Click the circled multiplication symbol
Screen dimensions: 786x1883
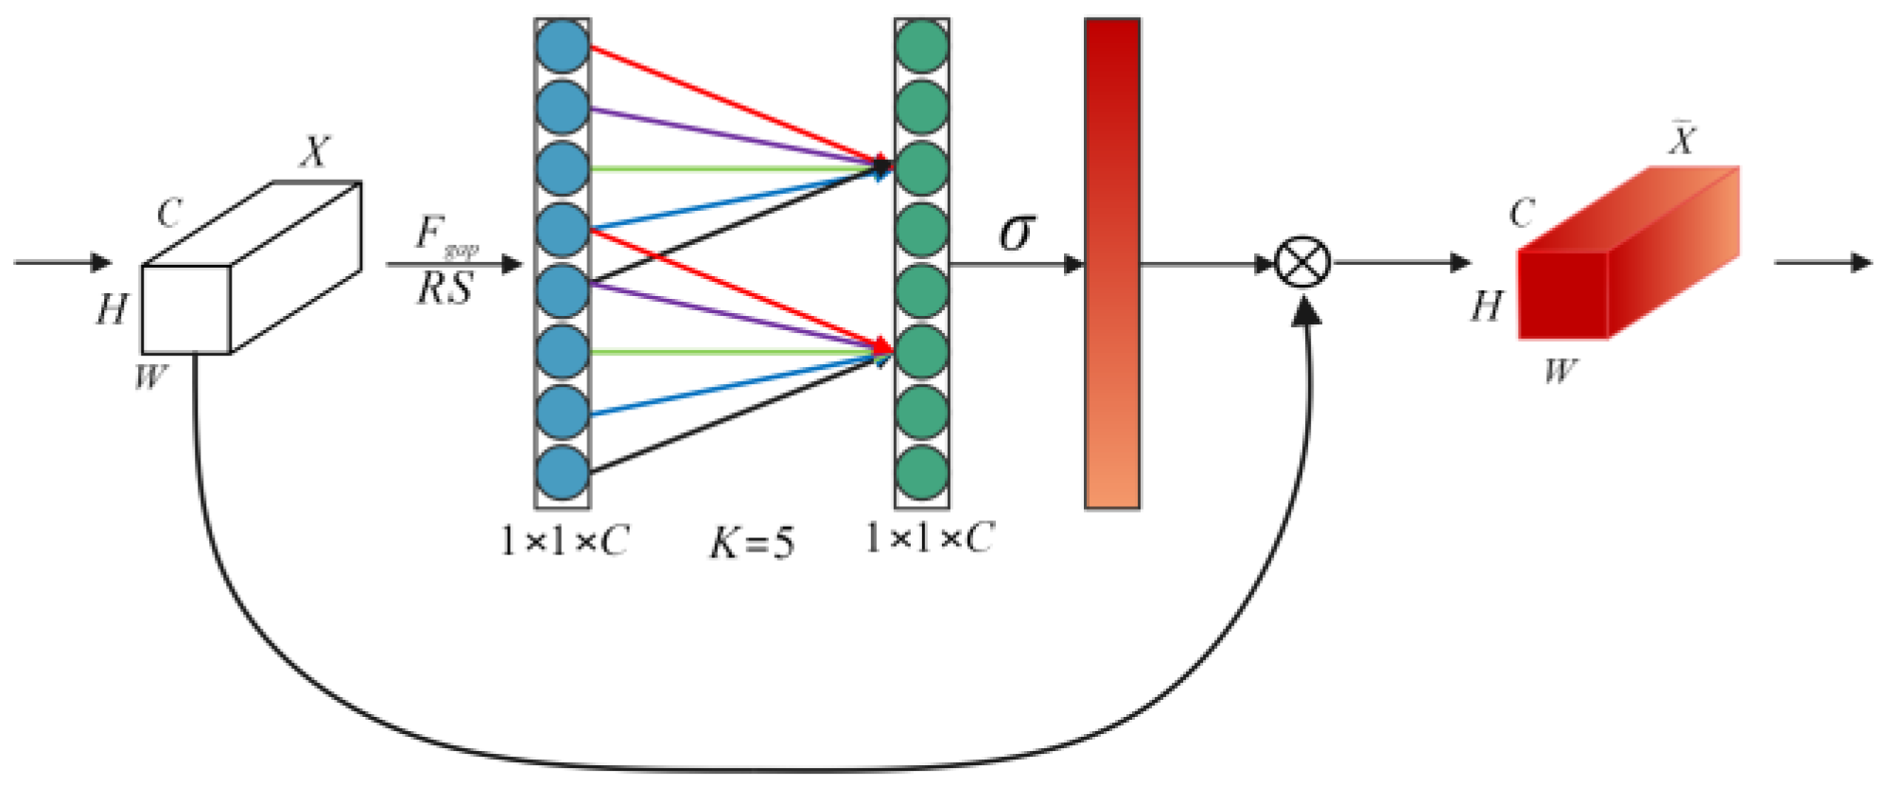coord(1303,262)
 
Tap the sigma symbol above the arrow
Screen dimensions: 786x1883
coord(1017,231)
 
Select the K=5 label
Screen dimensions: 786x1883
coord(752,543)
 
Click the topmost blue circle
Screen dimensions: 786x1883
coord(562,46)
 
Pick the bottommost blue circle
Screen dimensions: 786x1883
coord(562,473)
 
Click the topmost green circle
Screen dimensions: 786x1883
coord(922,46)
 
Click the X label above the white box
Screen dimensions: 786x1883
coord(316,151)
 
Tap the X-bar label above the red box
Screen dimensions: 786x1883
coord(1682,140)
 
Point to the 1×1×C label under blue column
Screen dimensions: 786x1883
coord(565,542)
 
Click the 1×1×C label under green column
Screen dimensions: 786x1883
coord(929,539)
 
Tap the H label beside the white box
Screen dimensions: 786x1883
coord(111,309)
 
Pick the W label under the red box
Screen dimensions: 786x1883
coord(1560,371)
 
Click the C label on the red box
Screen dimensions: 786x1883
coord(1522,214)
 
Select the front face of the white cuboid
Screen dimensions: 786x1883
coord(186,309)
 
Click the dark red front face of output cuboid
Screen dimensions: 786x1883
coord(1562,295)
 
